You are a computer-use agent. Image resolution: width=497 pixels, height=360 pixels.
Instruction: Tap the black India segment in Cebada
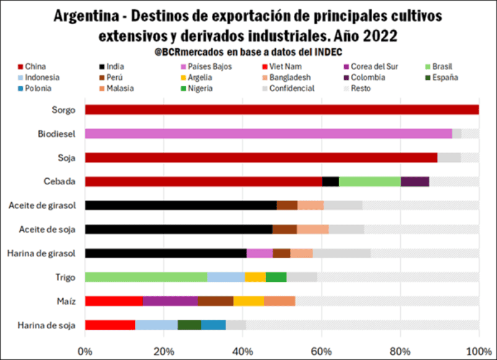[x=331, y=181]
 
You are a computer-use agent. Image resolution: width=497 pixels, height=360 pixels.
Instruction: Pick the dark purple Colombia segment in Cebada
[x=415, y=181]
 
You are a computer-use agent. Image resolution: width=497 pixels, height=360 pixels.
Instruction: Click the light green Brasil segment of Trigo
[x=146, y=277]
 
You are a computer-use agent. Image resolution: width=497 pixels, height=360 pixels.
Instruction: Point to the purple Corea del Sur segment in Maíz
[x=170, y=301]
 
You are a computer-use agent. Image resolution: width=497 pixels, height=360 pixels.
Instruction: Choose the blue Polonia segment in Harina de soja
[x=214, y=325]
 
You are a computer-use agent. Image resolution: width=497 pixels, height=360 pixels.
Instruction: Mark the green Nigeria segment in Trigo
[x=276, y=277]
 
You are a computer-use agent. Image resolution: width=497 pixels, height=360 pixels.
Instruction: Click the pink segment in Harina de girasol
[x=260, y=253]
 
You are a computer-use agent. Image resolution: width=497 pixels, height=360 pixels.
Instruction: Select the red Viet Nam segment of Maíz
[x=114, y=301]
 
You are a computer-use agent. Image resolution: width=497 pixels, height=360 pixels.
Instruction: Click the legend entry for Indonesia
[x=43, y=78]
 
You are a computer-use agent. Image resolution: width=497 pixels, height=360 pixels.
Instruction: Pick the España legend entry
[x=445, y=78]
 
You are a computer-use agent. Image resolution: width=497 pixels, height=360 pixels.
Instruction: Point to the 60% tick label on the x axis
[x=321, y=350]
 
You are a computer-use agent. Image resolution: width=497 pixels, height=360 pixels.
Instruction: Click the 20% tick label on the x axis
[x=163, y=350]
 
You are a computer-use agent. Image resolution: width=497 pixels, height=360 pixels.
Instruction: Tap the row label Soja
[x=66, y=158]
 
